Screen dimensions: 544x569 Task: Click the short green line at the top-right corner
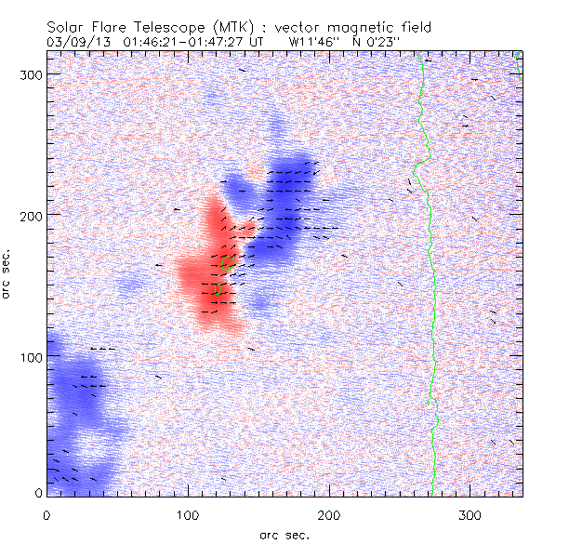click(520, 71)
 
